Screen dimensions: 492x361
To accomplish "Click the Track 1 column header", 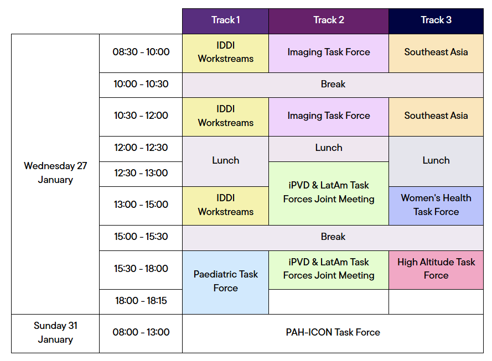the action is click(x=225, y=21).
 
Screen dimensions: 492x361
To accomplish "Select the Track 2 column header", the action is click(x=329, y=21).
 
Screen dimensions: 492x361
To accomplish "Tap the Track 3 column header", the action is click(x=436, y=21).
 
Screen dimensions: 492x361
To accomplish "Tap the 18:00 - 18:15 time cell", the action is click(x=141, y=301).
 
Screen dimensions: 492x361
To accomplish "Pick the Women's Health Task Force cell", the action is click(x=436, y=206).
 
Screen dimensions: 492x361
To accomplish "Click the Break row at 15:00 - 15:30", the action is click(x=333, y=238).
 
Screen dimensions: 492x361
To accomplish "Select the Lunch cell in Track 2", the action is click(x=329, y=149).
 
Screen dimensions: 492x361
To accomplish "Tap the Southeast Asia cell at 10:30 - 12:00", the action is click(x=436, y=117).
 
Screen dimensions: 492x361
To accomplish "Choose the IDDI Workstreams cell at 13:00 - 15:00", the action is click(x=225, y=206).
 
